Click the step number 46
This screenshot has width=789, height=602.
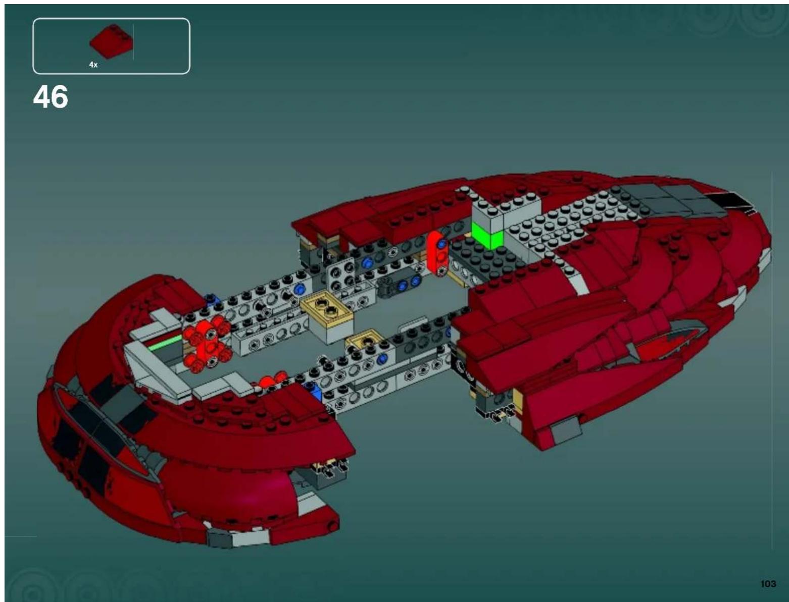pos(51,97)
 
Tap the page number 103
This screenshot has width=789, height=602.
pos(767,583)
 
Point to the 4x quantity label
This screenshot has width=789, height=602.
pos(93,65)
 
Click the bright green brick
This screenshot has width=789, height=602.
pos(487,235)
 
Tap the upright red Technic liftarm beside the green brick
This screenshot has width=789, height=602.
pos(436,252)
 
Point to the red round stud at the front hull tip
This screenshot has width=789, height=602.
pos(332,526)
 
